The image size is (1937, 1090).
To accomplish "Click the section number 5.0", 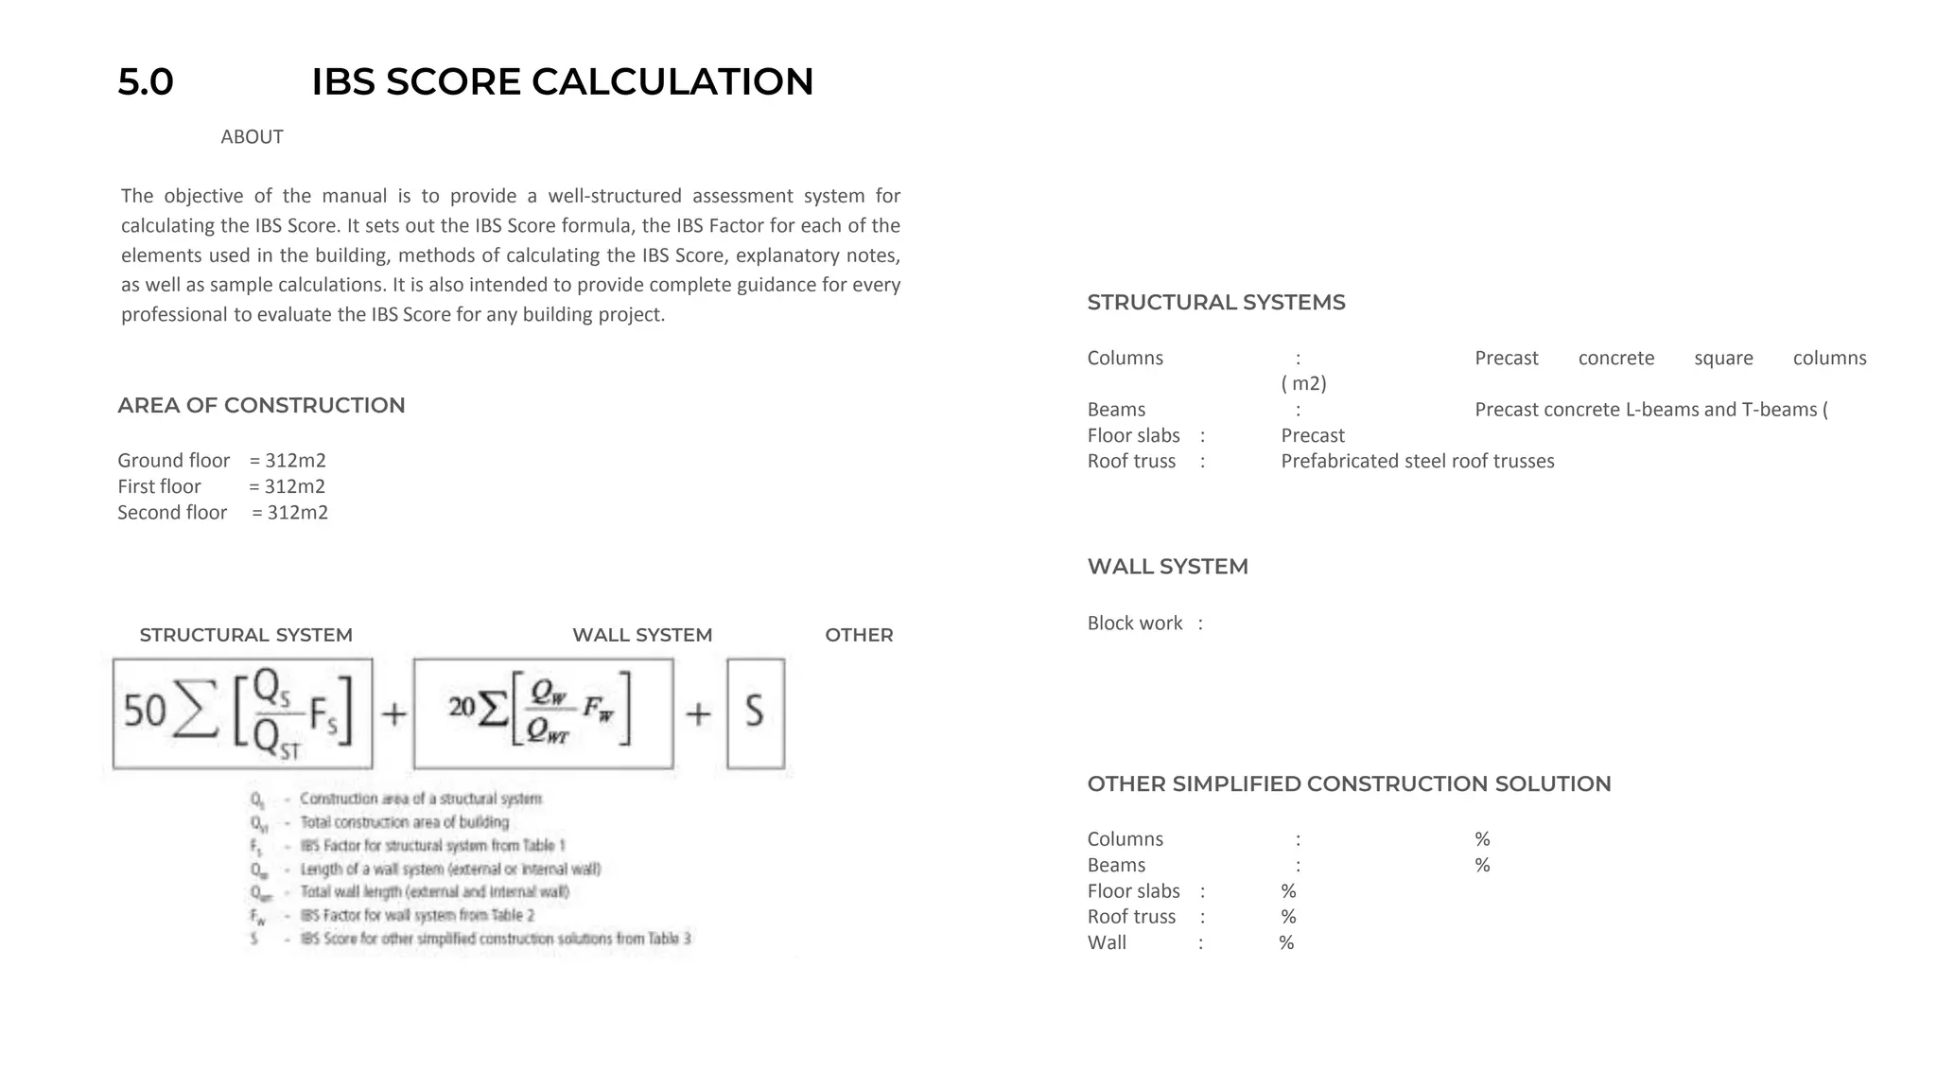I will pyautogui.click(x=146, y=82).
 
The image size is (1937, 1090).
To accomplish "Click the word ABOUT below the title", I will pyautogui.click(x=252, y=137).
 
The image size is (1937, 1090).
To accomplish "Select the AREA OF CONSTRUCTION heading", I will pyautogui.click(x=261, y=405).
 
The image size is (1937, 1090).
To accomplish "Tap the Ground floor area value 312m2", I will pyautogui.click(x=295, y=461).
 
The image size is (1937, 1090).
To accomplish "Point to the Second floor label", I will pyautogui.click(x=172, y=513).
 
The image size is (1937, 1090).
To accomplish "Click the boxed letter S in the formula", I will pyautogui.click(x=755, y=712).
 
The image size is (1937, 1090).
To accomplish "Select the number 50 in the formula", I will pyautogui.click(x=145, y=712).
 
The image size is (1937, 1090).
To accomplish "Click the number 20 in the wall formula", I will pyautogui.click(x=462, y=707).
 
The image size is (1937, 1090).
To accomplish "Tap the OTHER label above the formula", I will pyautogui.click(x=859, y=635).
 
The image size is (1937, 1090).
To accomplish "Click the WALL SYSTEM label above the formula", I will pyautogui.click(x=642, y=635).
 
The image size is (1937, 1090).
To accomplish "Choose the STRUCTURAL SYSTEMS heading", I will pyautogui.click(x=1216, y=303).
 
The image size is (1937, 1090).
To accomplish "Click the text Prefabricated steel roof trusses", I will pyautogui.click(x=1417, y=462).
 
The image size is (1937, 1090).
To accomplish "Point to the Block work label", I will pyautogui.click(x=1135, y=624).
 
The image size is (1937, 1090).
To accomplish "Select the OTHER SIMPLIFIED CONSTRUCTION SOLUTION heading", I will pyautogui.click(x=1349, y=784).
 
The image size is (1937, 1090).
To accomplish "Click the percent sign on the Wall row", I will pyautogui.click(x=1286, y=943).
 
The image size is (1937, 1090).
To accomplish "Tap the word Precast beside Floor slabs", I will pyautogui.click(x=1313, y=436).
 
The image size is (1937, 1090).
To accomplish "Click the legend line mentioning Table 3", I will pyautogui.click(x=495, y=939).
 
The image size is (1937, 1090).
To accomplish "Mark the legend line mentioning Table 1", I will pyautogui.click(x=432, y=845).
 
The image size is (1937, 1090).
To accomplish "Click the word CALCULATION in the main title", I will pyautogui.click(x=672, y=82).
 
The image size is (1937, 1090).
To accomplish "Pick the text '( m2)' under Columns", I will pyautogui.click(x=1303, y=383).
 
